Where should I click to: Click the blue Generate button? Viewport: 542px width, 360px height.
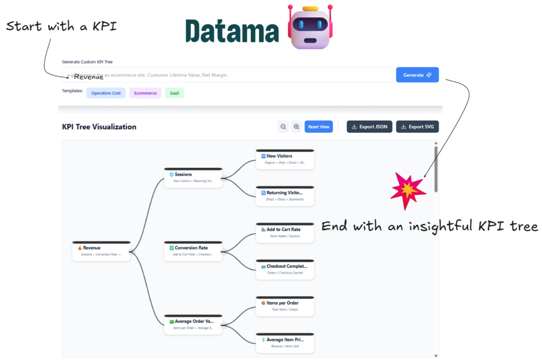(x=417, y=75)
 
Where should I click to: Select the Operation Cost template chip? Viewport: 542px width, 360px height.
(x=106, y=93)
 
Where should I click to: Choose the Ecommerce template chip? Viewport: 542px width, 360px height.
(x=145, y=93)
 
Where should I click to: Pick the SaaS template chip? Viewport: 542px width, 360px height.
(x=174, y=93)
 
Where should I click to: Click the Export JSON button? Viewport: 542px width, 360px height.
(x=369, y=127)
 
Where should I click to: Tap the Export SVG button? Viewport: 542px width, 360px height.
(x=417, y=127)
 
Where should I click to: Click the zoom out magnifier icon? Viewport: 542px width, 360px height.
(x=283, y=127)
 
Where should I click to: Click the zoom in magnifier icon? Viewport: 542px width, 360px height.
(x=296, y=127)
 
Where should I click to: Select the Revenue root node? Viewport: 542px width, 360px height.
(x=101, y=250)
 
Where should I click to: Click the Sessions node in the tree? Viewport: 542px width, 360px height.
(x=193, y=177)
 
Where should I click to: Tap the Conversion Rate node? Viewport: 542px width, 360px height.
(x=193, y=250)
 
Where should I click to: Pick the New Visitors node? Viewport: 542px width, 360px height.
(x=285, y=159)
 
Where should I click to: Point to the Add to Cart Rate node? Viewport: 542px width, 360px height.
(x=285, y=232)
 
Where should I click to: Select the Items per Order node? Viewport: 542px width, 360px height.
(x=285, y=305)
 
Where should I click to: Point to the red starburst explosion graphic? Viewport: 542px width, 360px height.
(x=408, y=188)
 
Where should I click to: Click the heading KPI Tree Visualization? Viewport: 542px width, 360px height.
(x=99, y=127)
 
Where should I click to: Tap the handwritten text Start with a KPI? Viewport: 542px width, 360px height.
(x=61, y=26)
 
